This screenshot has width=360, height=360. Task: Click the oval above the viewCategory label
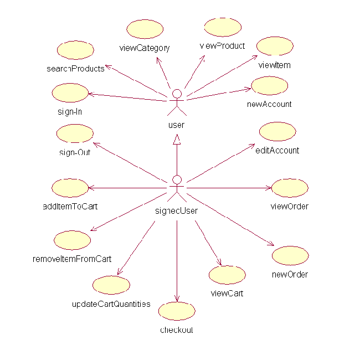point(145,29)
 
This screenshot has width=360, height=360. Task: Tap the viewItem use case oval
point(275,46)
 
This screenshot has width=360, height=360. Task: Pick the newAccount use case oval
point(270,86)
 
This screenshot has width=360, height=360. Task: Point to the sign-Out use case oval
point(75,133)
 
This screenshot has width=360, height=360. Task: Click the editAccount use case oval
point(277,132)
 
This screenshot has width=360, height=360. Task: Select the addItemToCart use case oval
point(69,188)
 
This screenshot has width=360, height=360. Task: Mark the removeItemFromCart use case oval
point(73,240)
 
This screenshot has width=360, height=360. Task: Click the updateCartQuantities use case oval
point(111,285)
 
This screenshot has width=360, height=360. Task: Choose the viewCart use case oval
point(228,275)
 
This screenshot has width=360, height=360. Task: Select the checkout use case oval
point(177,311)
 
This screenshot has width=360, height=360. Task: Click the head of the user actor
point(177,92)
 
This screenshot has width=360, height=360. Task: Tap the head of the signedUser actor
point(177,179)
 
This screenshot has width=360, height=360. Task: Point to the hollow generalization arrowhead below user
point(177,138)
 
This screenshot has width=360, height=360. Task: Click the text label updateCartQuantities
point(111,304)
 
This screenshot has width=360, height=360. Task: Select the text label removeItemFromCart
point(73,259)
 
